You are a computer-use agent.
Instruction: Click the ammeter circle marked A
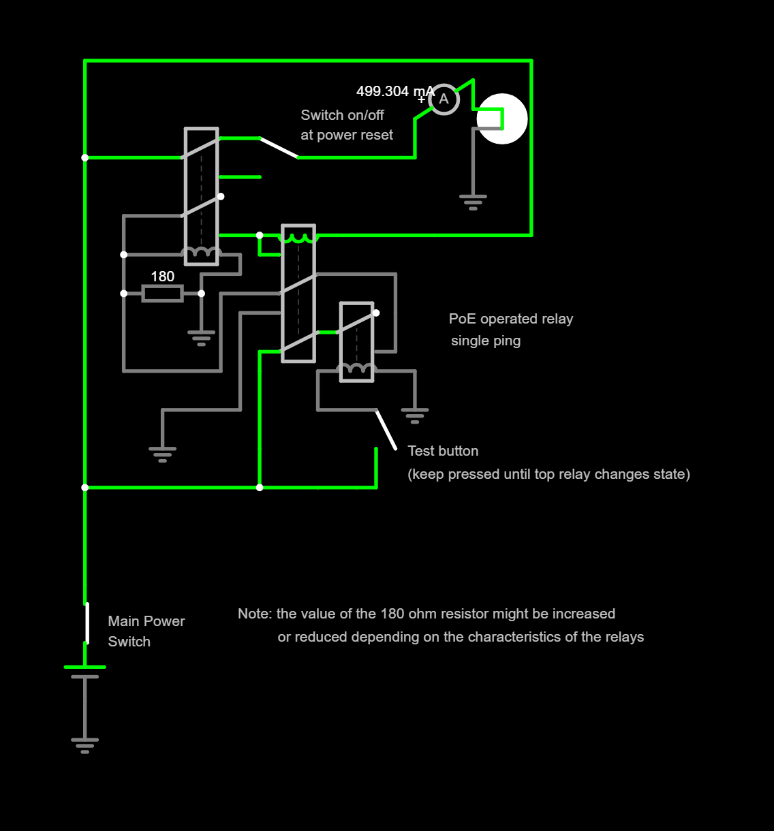tap(444, 99)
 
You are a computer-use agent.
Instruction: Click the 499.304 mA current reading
tap(394, 91)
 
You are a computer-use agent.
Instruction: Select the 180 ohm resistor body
tap(162, 294)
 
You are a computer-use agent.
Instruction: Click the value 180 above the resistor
tap(162, 277)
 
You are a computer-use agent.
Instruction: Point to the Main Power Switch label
tap(146, 631)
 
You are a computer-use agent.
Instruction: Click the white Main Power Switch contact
tap(87, 623)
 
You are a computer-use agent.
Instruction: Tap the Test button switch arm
tap(386, 430)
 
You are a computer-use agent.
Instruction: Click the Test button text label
tap(443, 451)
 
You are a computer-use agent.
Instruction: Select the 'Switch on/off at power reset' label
tap(346, 125)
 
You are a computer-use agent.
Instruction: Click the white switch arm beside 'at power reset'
tap(279, 148)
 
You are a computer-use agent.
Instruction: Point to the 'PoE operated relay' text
tap(511, 319)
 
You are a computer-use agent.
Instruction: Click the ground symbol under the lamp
tap(473, 202)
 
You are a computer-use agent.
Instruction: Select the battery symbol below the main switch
tap(84, 672)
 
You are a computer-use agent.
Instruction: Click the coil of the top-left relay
tap(201, 253)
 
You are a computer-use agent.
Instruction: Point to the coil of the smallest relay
tap(356, 370)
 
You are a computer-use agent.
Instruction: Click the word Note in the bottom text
tap(254, 614)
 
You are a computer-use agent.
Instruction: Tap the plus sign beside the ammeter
tap(421, 100)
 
